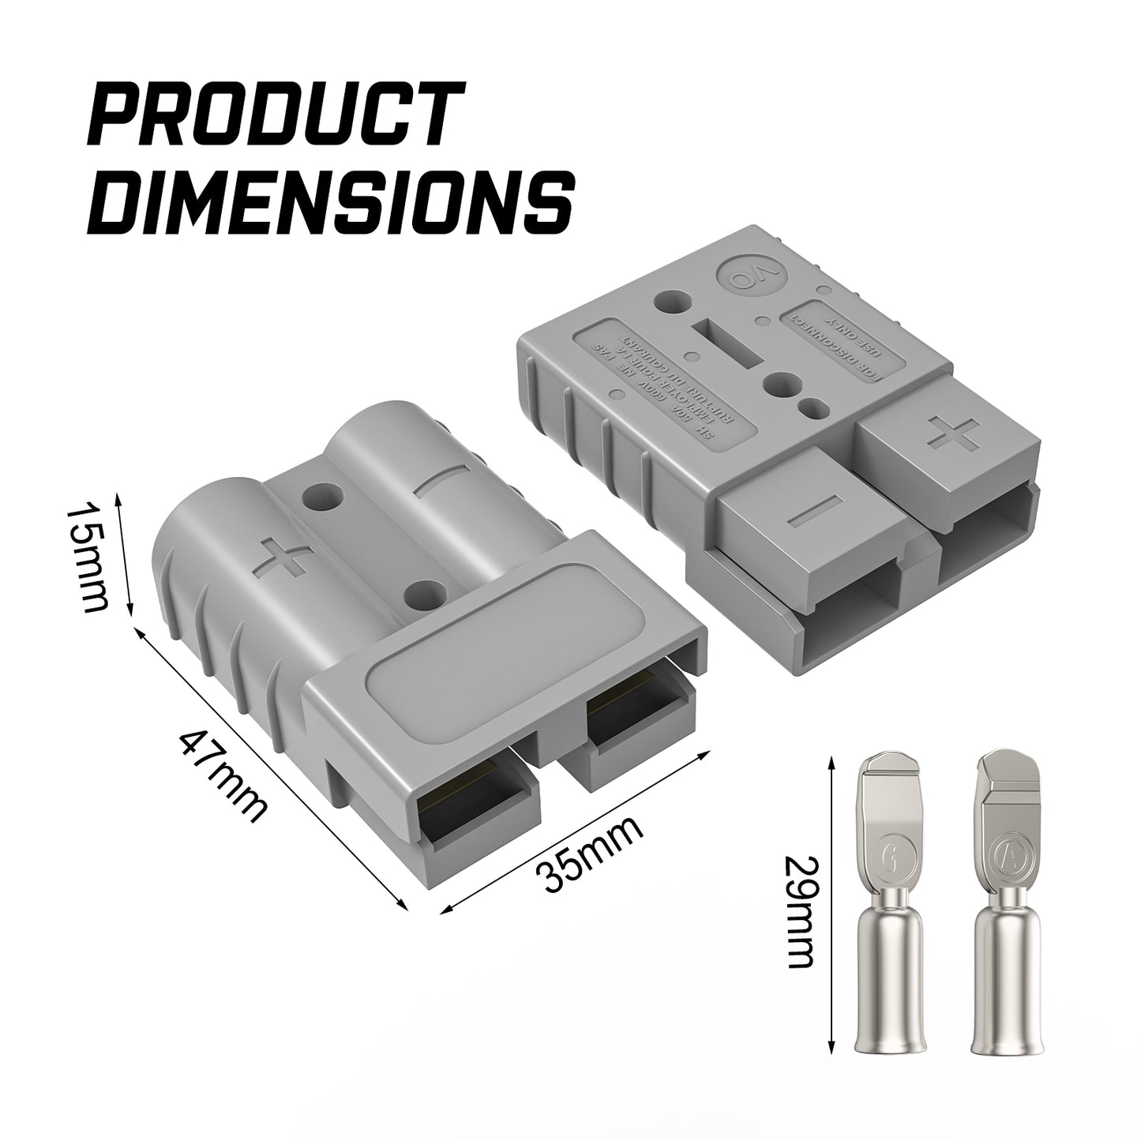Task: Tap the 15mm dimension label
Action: pos(87,556)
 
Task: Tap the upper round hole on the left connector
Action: pos(323,497)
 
